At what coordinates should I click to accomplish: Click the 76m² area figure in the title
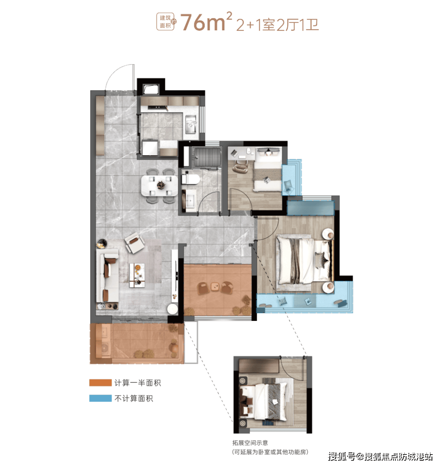[206, 22]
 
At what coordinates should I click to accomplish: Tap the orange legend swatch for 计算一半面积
[100, 382]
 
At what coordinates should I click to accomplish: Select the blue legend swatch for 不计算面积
[100, 398]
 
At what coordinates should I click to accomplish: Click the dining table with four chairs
[160, 186]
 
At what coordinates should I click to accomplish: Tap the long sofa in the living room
[107, 278]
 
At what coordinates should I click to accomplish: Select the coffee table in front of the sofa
[137, 275]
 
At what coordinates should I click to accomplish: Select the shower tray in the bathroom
[206, 157]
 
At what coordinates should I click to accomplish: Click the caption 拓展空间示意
[250, 443]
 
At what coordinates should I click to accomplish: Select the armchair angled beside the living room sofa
[135, 243]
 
